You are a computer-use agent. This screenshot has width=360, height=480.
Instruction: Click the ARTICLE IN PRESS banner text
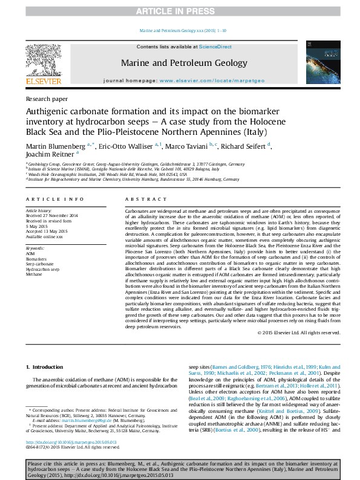[x=180, y=11]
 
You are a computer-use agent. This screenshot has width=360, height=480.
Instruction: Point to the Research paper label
[x=46, y=99]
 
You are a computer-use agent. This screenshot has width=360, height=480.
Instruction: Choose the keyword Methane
[x=34, y=273]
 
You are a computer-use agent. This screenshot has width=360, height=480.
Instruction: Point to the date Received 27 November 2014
[x=52, y=215]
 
